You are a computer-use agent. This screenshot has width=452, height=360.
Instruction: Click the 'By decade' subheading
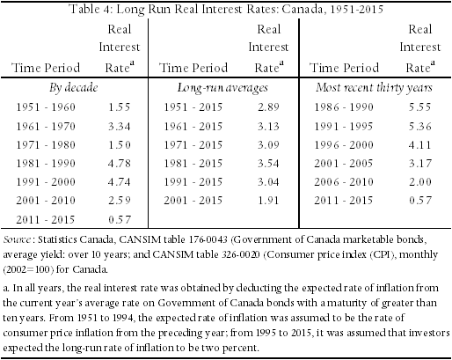coord(73,88)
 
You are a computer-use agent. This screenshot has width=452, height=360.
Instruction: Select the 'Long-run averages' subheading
coord(222,88)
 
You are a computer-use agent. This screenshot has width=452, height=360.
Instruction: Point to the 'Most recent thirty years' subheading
coord(374,88)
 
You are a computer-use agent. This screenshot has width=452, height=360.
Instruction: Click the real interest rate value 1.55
coord(119,107)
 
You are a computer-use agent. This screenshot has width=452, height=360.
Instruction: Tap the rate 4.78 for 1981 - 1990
coord(119,164)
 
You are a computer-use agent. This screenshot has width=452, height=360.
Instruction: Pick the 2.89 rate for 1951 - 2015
coord(268,107)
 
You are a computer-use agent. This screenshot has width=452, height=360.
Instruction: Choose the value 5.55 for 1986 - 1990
coord(420,107)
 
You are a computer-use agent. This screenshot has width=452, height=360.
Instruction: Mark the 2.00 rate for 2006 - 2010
coord(420,182)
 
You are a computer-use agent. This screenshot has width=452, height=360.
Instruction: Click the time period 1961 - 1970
coord(46,127)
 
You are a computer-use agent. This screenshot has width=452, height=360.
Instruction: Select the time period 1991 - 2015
coord(193,182)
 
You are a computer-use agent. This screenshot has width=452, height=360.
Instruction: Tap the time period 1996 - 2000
coord(344,145)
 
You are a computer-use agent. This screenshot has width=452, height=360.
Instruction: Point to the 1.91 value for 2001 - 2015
coord(268,201)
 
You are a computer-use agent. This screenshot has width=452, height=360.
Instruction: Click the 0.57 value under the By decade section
coord(119,219)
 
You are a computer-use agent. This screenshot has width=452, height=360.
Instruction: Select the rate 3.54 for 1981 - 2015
coord(268,164)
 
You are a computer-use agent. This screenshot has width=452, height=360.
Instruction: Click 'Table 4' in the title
coord(91,9)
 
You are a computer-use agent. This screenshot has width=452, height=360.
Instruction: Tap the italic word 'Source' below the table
coord(17,240)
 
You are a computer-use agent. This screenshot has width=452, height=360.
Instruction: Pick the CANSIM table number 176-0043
coord(208,239)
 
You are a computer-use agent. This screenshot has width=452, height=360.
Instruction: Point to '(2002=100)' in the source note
coord(28,269)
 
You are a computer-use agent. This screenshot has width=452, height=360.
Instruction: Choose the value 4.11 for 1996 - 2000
coord(420,145)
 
